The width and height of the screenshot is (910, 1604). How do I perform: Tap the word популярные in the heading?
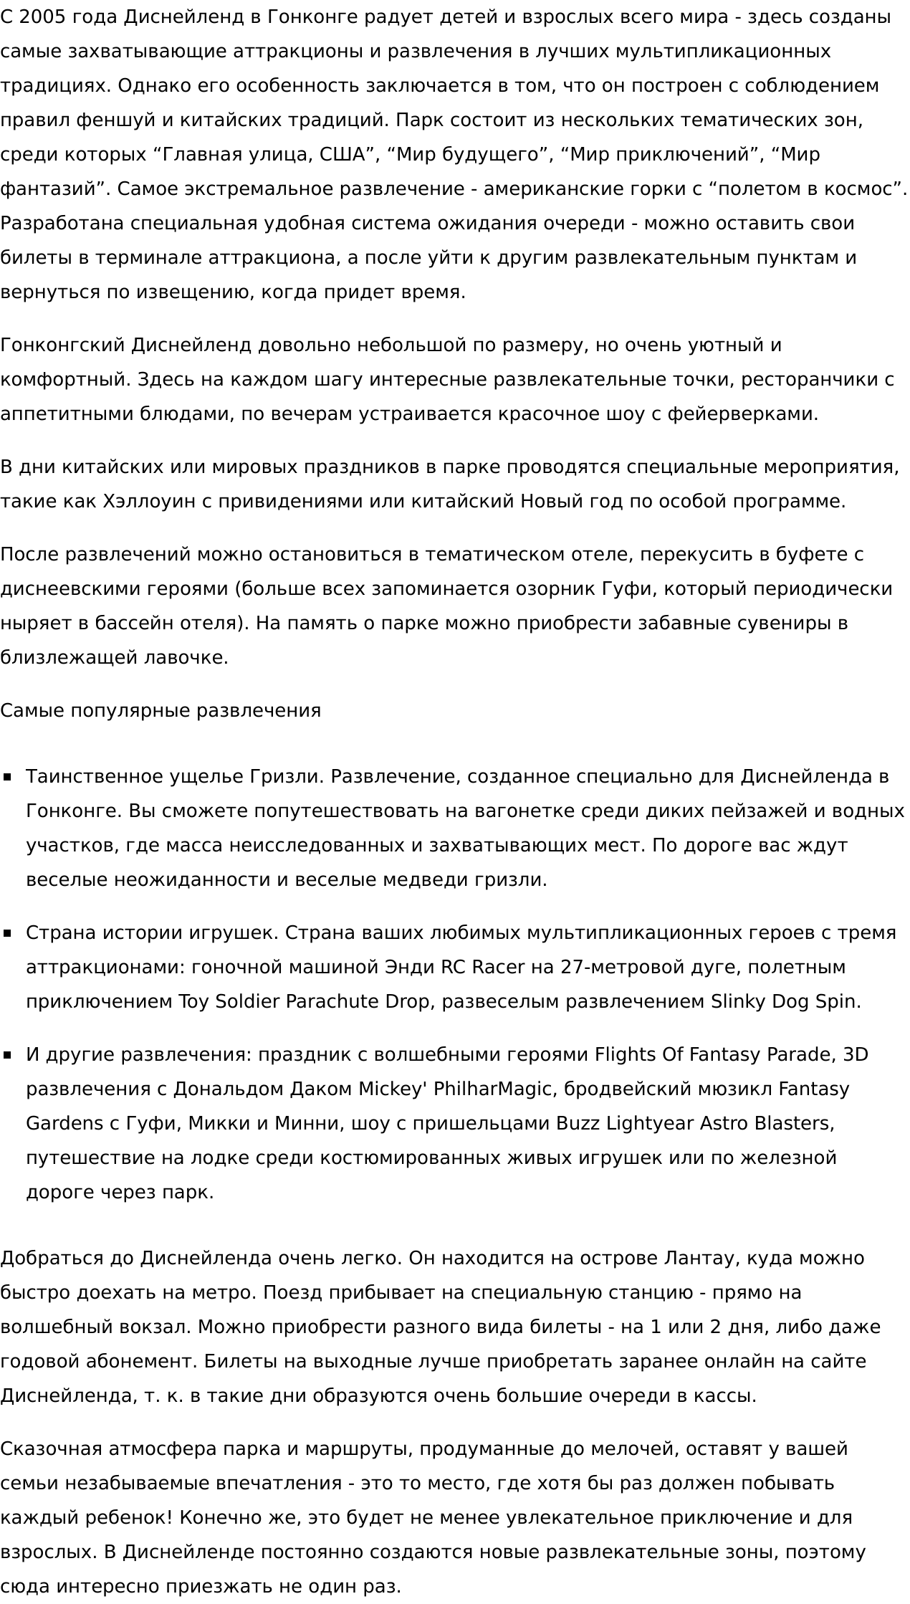point(130,711)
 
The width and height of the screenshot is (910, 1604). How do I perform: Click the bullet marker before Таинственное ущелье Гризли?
point(8,777)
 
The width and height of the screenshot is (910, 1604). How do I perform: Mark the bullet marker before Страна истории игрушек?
point(8,933)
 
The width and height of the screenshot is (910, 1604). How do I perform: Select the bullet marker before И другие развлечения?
point(8,1055)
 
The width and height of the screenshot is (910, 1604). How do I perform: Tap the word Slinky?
point(737,1002)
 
